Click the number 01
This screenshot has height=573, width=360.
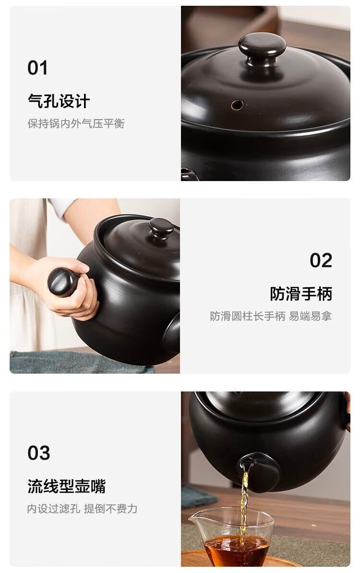click(x=37, y=68)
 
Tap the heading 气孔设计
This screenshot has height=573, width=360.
click(x=59, y=101)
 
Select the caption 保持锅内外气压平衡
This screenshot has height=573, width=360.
click(x=76, y=123)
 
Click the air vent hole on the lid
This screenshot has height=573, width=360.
click(x=237, y=105)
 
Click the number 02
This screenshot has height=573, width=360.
click(x=321, y=260)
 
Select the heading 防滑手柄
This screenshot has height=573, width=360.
click(x=301, y=294)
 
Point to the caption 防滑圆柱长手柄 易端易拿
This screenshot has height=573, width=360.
click(x=271, y=316)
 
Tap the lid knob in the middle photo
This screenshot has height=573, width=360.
click(x=161, y=228)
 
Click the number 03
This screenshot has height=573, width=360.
click(x=39, y=453)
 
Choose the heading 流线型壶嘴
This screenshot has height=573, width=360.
click(x=66, y=487)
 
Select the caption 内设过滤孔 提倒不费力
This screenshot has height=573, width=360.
click(x=82, y=509)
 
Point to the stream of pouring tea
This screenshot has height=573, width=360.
click(x=244, y=504)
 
